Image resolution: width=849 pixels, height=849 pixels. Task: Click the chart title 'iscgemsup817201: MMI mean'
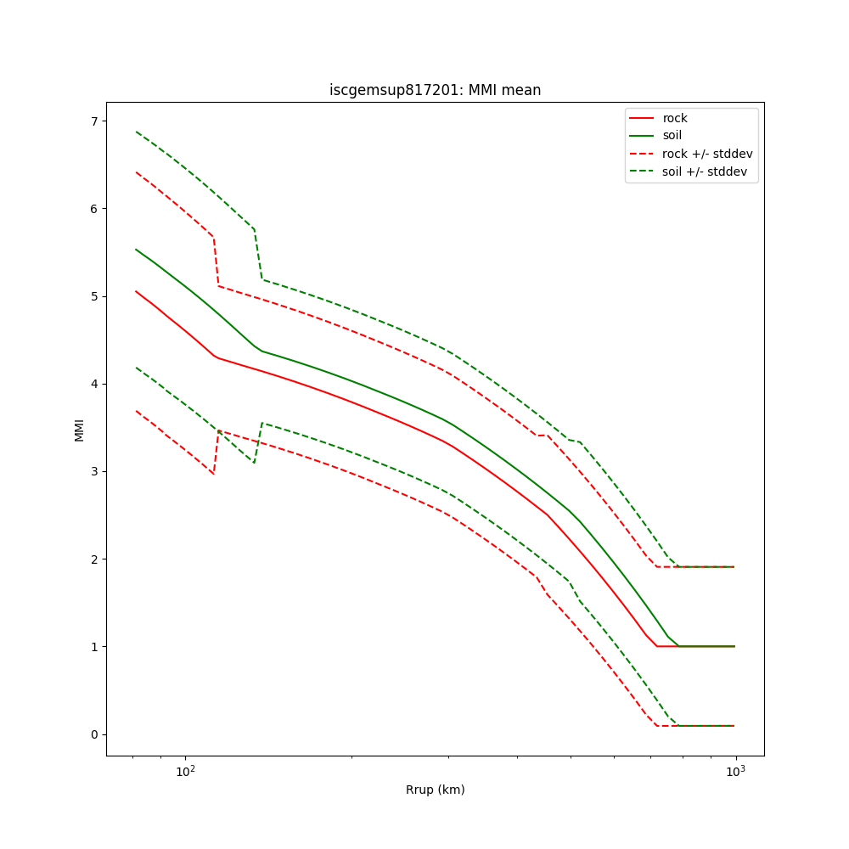point(435,90)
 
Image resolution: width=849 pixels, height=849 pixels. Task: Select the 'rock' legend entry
point(675,118)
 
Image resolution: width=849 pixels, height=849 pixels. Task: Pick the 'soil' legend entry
point(672,135)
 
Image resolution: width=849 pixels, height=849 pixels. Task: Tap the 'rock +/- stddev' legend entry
point(707,154)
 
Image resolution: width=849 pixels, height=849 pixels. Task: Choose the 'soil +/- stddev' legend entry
point(706,171)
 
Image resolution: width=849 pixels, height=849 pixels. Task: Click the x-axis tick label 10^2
point(185,772)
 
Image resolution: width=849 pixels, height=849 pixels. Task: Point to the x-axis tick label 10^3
point(735,772)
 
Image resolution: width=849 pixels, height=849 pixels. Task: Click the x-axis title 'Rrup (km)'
point(435,790)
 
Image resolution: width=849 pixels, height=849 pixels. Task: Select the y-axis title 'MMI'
point(79,429)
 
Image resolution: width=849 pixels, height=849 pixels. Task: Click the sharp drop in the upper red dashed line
point(216,261)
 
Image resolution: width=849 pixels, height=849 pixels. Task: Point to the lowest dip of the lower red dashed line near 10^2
point(213,473)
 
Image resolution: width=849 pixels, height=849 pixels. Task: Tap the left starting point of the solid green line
point(136,250)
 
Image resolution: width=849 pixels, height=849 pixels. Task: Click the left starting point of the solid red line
point(136,291)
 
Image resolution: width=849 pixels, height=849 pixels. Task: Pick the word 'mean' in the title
point(524,90)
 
